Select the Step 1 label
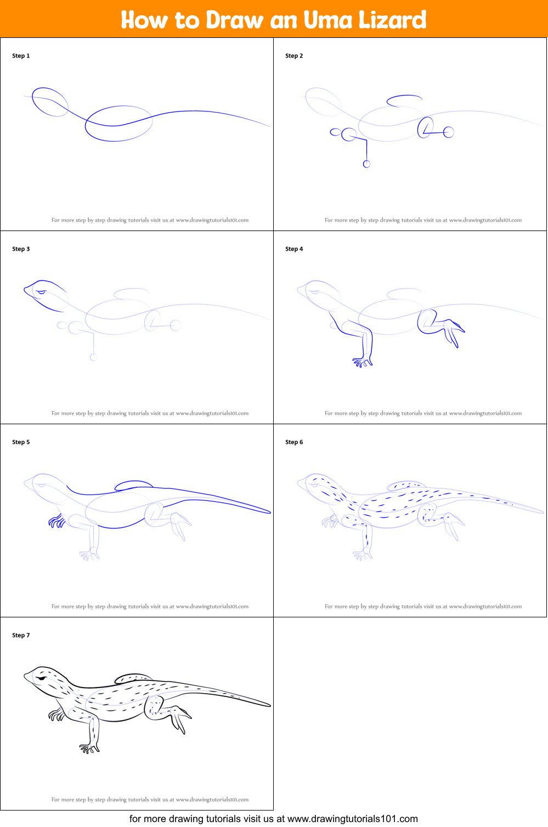pos(21,56)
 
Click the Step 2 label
pos(294,56)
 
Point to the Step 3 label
pos(21,249)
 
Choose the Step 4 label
pos(294,249)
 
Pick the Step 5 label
pos(21,442)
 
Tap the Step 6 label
pos(294,442)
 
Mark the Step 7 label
pos(21,635)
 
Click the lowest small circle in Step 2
pos(366,164)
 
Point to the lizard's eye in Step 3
pos(41,292)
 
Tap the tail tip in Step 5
pos(270,512)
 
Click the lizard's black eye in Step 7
pos(42,678)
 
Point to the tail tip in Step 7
pos(270,705)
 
